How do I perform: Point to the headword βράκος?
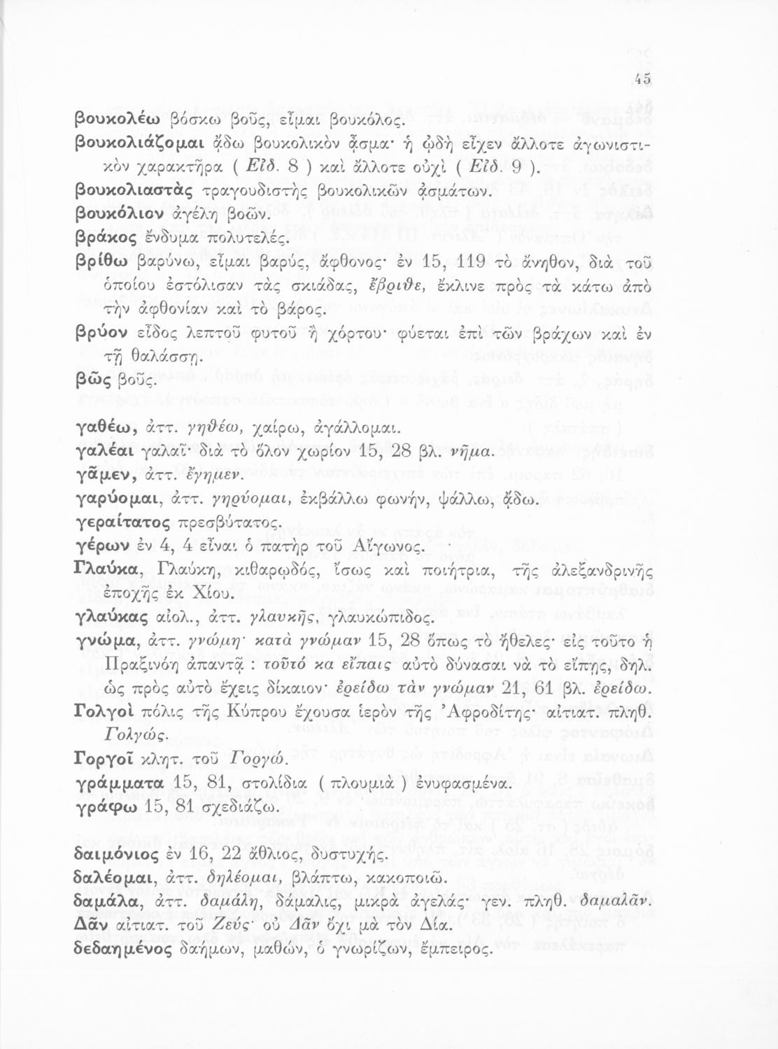coord(101,236)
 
